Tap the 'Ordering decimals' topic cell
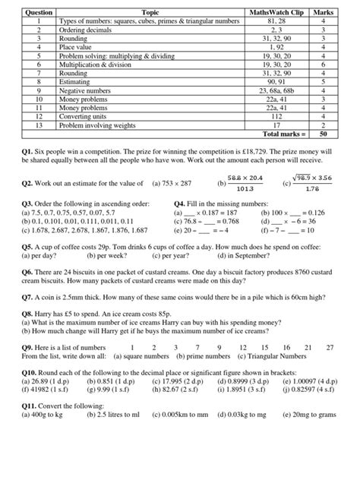(x=84, y=30)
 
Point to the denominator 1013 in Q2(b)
(x=245, y=190)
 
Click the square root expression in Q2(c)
(x=315, y=177)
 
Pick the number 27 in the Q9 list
(x=329, y=347)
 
